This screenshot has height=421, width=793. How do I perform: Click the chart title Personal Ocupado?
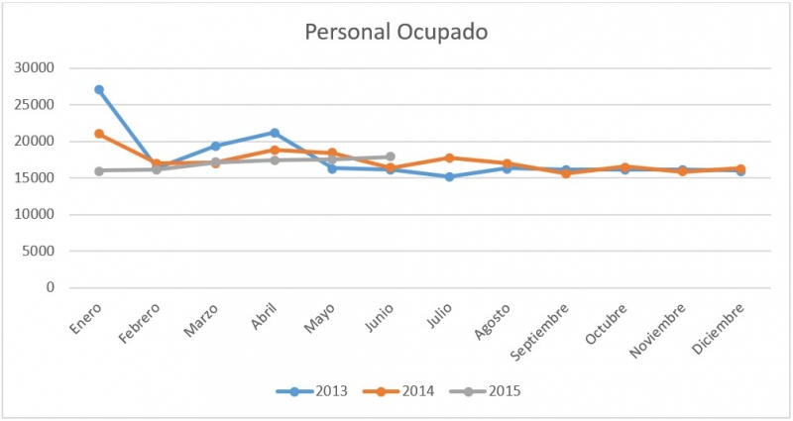point(396,32)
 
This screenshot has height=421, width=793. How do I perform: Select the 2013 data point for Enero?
point(99,89)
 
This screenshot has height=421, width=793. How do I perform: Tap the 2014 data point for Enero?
point(99,134)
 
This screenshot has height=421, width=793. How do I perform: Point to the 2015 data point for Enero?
point(99,170)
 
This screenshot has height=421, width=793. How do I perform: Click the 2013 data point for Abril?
point(274,133)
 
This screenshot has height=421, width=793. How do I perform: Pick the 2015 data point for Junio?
point(391,157)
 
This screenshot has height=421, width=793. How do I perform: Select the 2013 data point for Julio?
point(449,176)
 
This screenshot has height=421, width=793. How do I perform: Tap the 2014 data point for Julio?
point(449,158)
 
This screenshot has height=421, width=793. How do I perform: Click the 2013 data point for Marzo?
point(215,146)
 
